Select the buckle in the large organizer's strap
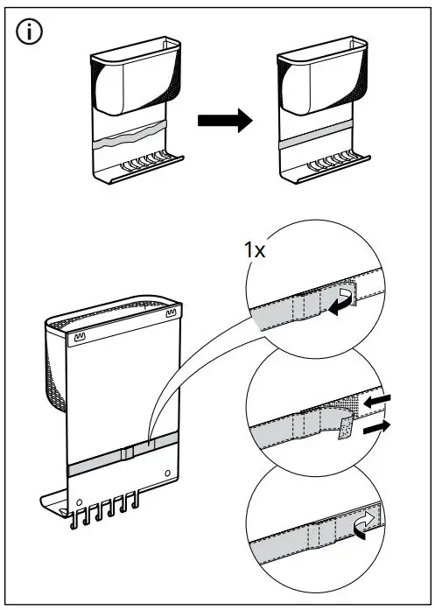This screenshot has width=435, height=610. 127,454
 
